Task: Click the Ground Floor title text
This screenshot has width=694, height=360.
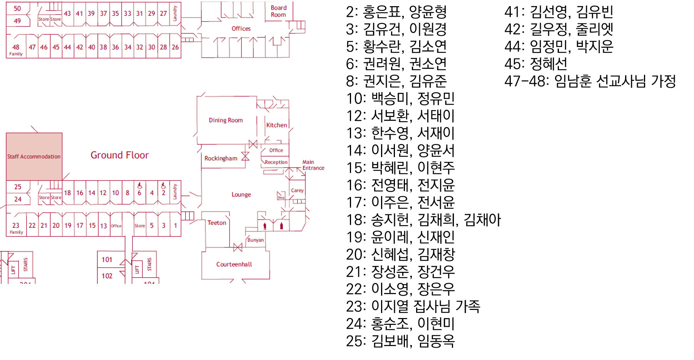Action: pyautogui.click(x=119, y=155)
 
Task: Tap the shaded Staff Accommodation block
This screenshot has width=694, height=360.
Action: pyautogui.click(x=34, y=156)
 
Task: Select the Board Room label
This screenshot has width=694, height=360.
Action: pyautogui.click(x=278, y=11)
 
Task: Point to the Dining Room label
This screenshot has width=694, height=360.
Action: pyautogui.click(x=226, y=120)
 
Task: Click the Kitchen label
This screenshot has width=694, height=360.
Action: pyautogui.click(x=276, y=125)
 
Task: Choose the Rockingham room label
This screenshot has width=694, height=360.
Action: pyautogui.click(x=221, y=158)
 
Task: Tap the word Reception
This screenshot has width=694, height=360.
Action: pyautogui.click(x=276, y=162)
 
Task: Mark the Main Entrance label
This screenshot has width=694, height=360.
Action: pyautogui.click(x=313, y=165)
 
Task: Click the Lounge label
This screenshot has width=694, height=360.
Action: pyautogui.click(x=241, y=194)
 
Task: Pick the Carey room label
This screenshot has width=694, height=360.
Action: pyautogui.click(x=297, y=190)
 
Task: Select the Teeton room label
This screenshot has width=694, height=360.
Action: pyautogui.click(x=217, y=223)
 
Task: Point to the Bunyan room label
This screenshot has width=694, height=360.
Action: pyautogui.click(x=256, y=240)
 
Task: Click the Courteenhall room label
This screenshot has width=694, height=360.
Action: pyautogui.click(x=234, y=264)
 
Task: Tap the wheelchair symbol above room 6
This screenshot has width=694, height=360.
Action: pyautogui.click(x=140, y=186)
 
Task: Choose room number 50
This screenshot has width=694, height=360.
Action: pyautogui.click(x=17, y=8)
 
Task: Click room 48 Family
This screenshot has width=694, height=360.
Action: pyautogui.click(x=16, y=49)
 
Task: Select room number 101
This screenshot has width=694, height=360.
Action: pyautogui.click(x=107, y=260)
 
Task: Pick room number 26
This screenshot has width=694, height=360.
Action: pyautogui.click(x=175, y=47)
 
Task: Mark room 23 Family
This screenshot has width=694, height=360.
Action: pyautogui.click(x=16, y=228)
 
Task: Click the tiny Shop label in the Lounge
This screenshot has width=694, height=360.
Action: pyautogui.click(x=281, y=198)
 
